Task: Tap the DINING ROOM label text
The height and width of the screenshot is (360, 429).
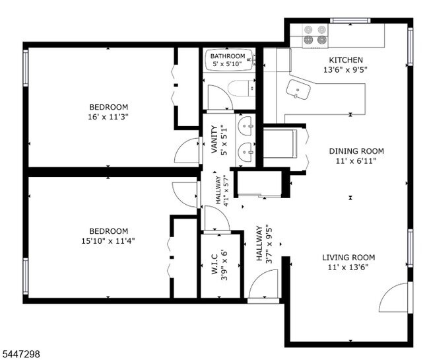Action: tap(356, 151)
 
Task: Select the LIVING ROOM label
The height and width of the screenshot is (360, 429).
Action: tap(348, 258)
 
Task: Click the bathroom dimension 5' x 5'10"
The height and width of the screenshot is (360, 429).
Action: tap(228, 64)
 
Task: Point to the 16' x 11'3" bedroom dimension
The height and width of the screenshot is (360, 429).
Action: tap(108, 117)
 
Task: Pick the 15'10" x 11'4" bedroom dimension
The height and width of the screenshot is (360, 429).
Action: tap(108, 241)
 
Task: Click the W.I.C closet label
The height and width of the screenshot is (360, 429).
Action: tap(214, 264)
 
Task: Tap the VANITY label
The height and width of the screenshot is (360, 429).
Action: tap(214, 139)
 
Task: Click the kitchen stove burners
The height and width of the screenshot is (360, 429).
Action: tap(315, 34)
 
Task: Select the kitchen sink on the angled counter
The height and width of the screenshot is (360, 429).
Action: tap(298, 90)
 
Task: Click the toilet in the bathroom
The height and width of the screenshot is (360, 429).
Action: tap(242, 88)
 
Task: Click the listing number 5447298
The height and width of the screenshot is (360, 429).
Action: tap(20, 354)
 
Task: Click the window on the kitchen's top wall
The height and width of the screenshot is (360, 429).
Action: tap(350, 20)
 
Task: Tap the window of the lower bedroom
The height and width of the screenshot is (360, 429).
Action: tap(26, 276)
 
